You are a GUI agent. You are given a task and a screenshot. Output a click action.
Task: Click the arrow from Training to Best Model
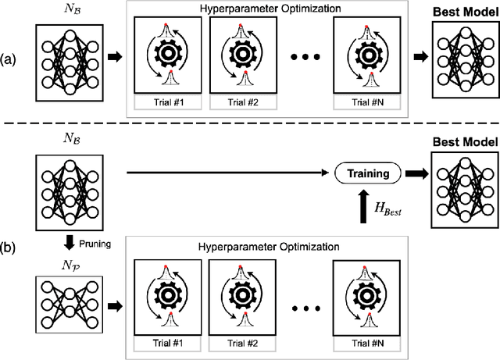tap(413, 171)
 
